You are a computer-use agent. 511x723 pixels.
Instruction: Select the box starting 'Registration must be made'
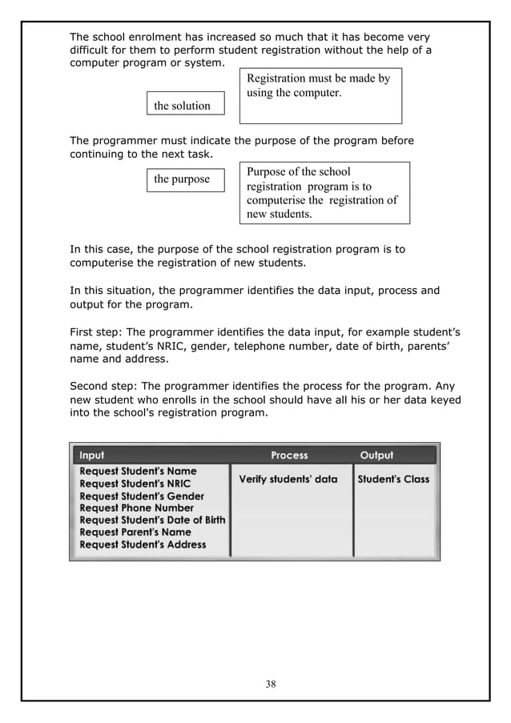coord(320,95)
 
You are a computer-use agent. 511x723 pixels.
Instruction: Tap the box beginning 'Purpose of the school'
coord(324,193)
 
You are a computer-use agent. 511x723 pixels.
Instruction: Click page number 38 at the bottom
coord(271,684)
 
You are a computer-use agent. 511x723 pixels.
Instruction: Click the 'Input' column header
coord(91,456)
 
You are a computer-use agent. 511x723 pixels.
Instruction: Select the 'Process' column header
coord(289,456)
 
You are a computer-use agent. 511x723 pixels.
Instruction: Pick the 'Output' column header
coord(376,456)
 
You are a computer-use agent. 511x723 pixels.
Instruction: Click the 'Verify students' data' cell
coord(288,480)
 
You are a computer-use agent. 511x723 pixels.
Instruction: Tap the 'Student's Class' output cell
coord(393,480)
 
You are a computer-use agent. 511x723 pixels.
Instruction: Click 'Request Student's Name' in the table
coord(138,472)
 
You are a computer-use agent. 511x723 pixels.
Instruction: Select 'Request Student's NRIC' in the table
coord(135,484)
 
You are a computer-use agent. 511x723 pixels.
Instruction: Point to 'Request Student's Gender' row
coord(142,496)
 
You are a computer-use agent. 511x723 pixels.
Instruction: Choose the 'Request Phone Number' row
coord(136,508)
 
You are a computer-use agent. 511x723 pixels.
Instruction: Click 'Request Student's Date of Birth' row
coord(152,520)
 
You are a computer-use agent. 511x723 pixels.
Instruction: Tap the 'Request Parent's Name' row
coord(135,532)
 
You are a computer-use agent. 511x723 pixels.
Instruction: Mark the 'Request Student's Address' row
coord(143,544)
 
